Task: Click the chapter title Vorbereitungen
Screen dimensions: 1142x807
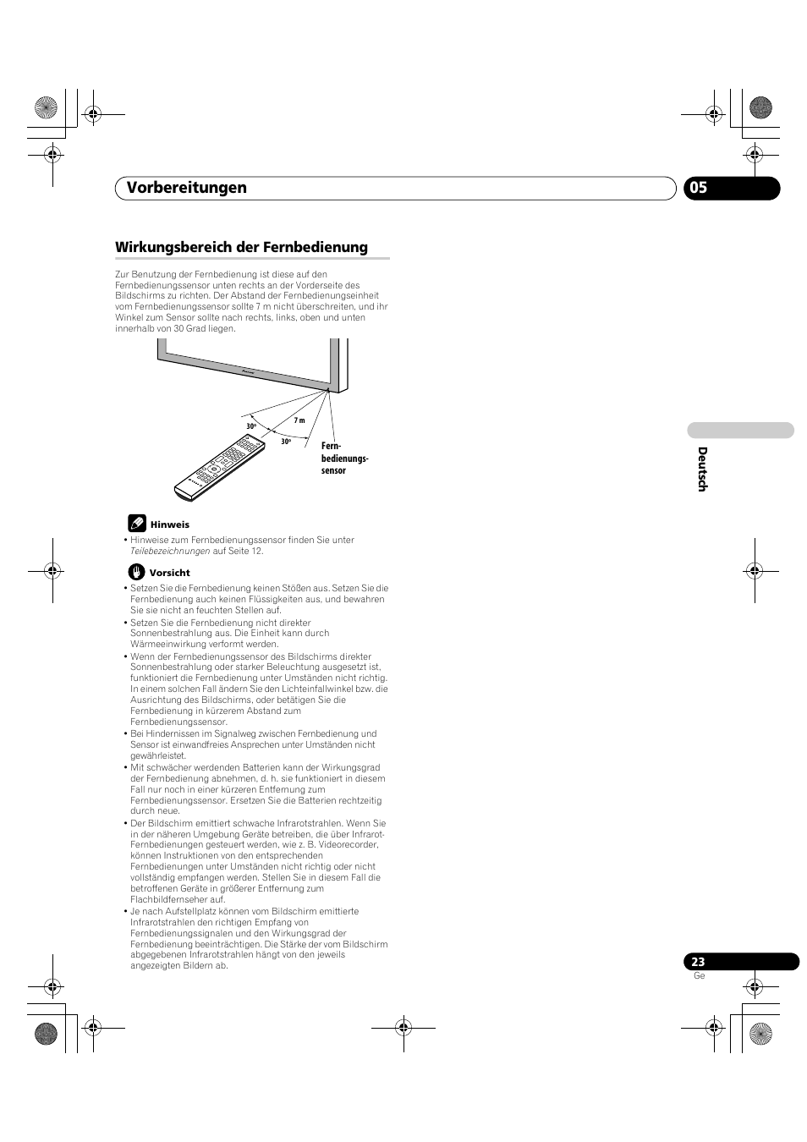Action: (187, 188)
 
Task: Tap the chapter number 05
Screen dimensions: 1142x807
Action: (698, 188)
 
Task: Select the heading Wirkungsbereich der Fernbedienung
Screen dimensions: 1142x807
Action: (241, 247)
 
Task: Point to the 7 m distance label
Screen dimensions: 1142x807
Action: (299, 420)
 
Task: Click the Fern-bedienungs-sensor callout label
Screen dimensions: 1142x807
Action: (343, 458)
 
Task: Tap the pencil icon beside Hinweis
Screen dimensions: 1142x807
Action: (137, 524)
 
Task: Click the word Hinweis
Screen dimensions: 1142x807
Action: (170, 524)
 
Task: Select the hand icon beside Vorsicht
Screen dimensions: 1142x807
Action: (137, 572)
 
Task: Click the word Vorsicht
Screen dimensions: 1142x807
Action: (170, 573)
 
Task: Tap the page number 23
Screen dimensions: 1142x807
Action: (698, 962)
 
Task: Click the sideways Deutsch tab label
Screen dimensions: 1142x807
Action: (702, 469)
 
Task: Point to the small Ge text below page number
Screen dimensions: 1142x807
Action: (699, 976)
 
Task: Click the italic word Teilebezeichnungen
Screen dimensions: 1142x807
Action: (170, 551)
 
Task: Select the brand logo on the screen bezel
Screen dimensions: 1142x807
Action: (248, 371)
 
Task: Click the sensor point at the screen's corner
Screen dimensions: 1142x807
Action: (328, 389)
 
